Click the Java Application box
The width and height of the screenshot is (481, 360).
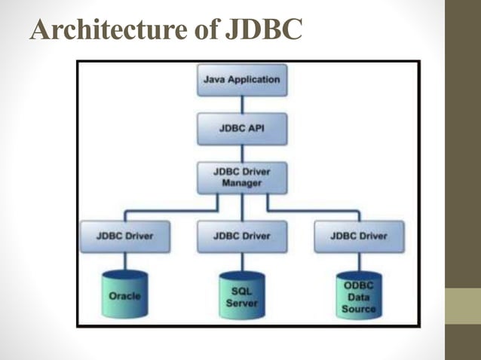click(241, 80)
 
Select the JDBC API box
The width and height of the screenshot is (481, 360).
click(241, 128)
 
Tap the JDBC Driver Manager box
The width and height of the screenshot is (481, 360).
click(241, 178)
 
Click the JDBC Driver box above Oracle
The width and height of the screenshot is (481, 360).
click(125, 236)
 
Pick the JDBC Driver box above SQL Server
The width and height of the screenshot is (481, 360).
click(241, 236)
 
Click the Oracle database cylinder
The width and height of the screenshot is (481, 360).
click(125, 295)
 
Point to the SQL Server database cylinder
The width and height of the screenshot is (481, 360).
click(241, 295)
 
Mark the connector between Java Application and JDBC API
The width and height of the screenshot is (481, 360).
click(241, 103)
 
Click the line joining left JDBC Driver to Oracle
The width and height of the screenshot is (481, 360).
click(125, 261)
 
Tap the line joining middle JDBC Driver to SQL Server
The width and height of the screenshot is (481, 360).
click(241, 261)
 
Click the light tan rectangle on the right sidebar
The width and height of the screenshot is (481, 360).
click(462, 307)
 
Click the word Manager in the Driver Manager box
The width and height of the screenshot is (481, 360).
click(241, 184)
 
